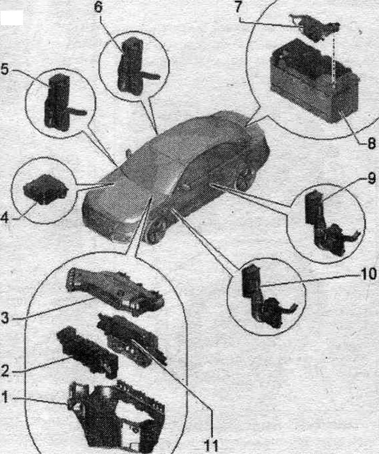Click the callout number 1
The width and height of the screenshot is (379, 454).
click(x=5, y=398)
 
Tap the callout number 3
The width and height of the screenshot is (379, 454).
click(x=5, y=318)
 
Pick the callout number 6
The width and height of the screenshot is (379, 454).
click(x=98, y=8)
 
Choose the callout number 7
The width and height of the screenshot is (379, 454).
click(x=238, y=7)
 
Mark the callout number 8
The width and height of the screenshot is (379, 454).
click(x=372, y=143)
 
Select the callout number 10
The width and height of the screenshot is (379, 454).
click(x=368, y=274)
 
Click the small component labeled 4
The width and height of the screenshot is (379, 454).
click(x=45, y=189)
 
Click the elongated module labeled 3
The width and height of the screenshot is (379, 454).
click(x=115, y=290)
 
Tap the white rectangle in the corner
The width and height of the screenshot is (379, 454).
click(x=12, y=18)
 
